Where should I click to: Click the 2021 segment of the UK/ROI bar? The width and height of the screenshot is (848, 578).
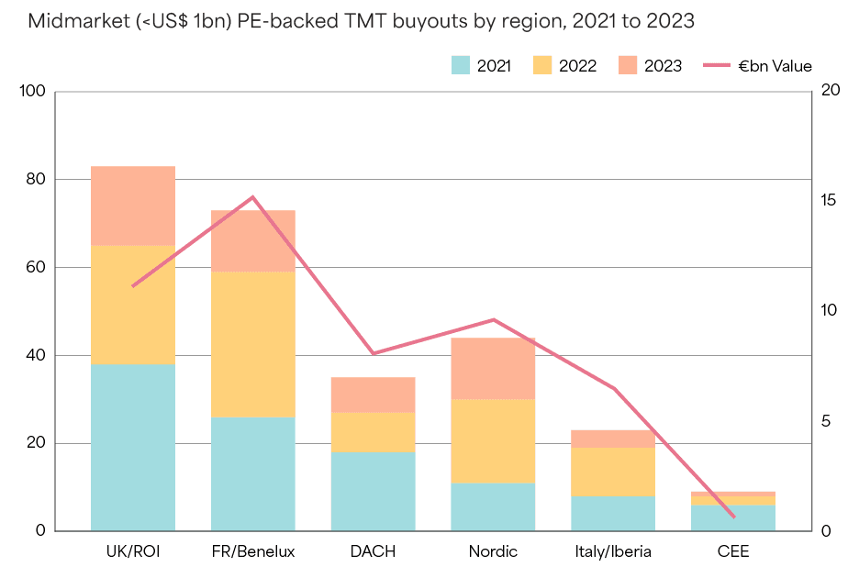click(x=133, y=448)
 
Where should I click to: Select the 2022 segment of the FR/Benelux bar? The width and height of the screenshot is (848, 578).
click(x=253, y=344)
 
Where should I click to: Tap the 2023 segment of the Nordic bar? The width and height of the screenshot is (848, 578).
click(x=493, y=368)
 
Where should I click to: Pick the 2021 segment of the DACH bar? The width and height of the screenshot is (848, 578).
click(x=374, y=491)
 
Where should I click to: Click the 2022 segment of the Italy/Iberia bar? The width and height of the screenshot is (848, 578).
click(x=613, y=472)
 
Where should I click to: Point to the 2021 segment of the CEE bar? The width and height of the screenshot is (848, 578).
click(x=733, y=517)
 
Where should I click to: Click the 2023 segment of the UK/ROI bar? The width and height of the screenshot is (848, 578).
click(x=133, y=206)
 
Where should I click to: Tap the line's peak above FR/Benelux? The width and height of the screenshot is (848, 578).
click(x=253, y=197)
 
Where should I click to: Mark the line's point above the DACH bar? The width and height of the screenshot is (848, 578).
click(x=374, y=353)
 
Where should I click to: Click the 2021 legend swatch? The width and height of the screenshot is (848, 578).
click(x=461, y=65)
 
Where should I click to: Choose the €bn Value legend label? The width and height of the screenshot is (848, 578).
click(x=775, y=65)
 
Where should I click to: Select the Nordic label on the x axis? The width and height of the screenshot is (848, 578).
click(x=493, y=551)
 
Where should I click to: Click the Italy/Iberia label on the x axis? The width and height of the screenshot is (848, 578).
click(x=613, y=551)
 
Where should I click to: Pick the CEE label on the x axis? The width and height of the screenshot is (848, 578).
click(x=733, y=551)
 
